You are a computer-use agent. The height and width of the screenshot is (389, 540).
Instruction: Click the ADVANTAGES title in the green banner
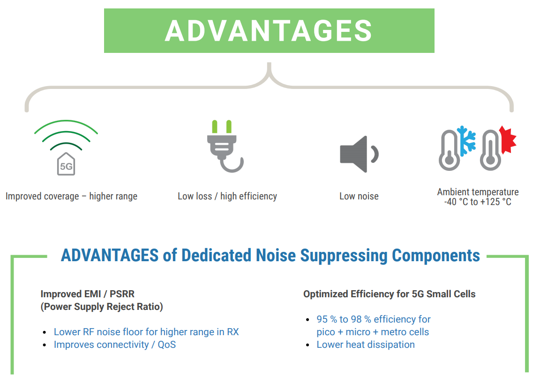[269, 30]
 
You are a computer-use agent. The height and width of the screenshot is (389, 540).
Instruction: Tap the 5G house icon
[66, 164]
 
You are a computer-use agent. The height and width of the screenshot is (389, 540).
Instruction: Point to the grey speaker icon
[359, 154]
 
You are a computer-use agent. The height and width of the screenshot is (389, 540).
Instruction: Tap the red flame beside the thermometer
[508, 139]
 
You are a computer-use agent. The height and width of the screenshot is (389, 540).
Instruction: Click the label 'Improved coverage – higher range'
[71, 197]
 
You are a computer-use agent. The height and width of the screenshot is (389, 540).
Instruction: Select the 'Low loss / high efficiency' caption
[227, 197]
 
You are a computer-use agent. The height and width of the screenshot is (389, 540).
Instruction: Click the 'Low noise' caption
[359, 197]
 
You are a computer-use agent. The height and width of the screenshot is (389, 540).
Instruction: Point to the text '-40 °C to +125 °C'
[478, 202]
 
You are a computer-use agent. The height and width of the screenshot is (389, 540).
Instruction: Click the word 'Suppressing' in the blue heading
[344, 256]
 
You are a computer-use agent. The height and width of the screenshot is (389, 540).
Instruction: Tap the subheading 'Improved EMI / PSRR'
[88, 294]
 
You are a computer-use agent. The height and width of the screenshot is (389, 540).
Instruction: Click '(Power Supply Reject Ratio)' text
[102, 307]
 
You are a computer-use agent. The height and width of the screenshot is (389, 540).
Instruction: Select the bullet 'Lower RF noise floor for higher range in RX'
[146, 332]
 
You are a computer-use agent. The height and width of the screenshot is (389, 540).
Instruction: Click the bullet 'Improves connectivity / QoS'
[115, 345]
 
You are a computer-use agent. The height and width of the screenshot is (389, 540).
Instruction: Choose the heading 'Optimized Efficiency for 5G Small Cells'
[390, 294]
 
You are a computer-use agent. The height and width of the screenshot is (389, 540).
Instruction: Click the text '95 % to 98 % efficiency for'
[374, 319]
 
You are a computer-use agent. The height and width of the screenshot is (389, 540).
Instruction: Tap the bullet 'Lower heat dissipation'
[366, 345]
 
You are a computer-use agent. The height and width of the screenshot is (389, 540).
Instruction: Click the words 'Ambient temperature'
[478, 192]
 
